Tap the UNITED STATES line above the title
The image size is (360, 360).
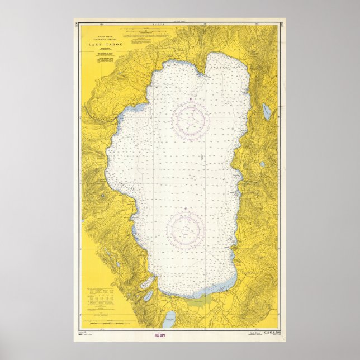click(101, 35)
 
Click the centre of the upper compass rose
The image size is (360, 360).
click(191, 119)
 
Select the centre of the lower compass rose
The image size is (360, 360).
click(185, 229)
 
